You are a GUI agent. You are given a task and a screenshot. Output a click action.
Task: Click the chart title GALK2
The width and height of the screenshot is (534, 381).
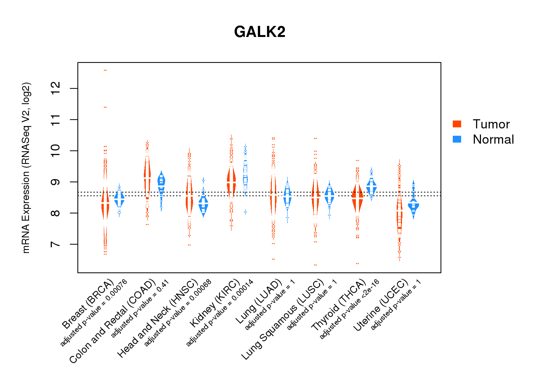(260, 32)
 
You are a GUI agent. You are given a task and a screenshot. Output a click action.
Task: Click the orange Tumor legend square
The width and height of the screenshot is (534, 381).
(457, 124)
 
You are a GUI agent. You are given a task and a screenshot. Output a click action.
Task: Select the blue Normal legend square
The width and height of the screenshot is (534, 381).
(457, 139)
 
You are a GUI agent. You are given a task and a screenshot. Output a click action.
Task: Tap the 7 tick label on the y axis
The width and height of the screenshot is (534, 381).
(56, 244)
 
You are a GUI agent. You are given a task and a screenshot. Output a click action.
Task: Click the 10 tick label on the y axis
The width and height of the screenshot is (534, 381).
(56, 151)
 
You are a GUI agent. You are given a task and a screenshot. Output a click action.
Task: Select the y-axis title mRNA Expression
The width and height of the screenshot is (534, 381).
(26, 168)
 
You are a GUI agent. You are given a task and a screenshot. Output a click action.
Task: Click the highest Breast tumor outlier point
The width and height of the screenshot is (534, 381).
(105, 70)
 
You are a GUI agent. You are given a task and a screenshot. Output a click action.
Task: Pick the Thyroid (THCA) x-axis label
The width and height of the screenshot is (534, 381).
(339, 305)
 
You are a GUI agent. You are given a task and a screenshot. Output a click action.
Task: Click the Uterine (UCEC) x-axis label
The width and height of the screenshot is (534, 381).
(381, 305)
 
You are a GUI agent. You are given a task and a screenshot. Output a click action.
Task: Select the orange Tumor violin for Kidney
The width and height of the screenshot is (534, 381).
(231, 182)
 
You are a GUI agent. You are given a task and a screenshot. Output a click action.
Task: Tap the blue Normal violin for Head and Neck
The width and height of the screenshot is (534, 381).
(204, 206)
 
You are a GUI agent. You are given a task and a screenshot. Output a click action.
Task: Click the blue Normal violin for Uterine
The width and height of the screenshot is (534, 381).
(413, 206)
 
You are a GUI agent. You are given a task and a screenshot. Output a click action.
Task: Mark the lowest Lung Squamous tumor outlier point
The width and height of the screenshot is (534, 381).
(315, 265)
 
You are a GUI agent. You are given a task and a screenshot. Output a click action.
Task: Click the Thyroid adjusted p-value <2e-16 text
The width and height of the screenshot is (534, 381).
(349, 309)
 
